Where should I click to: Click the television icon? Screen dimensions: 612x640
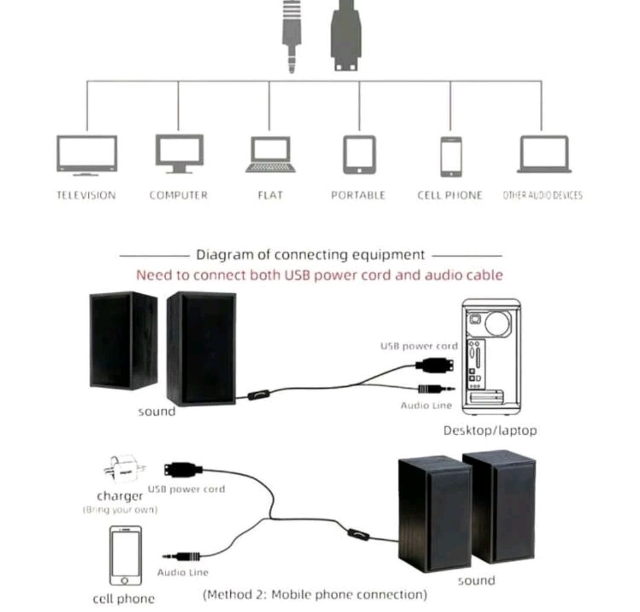point(87,155)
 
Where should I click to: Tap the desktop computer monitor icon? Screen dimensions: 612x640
point(179,153)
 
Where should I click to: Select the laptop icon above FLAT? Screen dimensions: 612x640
point(270,155)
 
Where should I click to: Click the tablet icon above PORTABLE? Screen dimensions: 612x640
point(359,155)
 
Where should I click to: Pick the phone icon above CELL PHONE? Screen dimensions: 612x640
point(451,156)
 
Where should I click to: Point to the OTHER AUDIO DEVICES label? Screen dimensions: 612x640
point(542,195)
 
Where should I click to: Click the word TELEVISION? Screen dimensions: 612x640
point(86,195)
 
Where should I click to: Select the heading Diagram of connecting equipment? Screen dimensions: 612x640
point(310,255)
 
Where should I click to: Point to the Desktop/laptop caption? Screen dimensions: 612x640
point(490,430)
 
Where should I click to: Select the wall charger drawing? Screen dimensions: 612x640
point(123,472)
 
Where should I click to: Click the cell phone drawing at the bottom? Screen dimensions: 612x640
point(125,555)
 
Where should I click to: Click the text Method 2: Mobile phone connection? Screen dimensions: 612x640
point(315,594)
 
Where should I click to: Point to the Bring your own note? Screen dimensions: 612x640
point(120,510)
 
